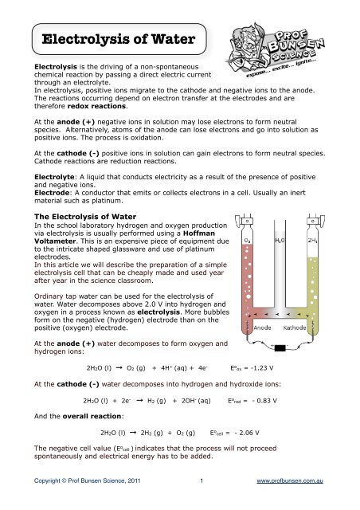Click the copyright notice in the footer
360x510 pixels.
[x=83, y=504]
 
